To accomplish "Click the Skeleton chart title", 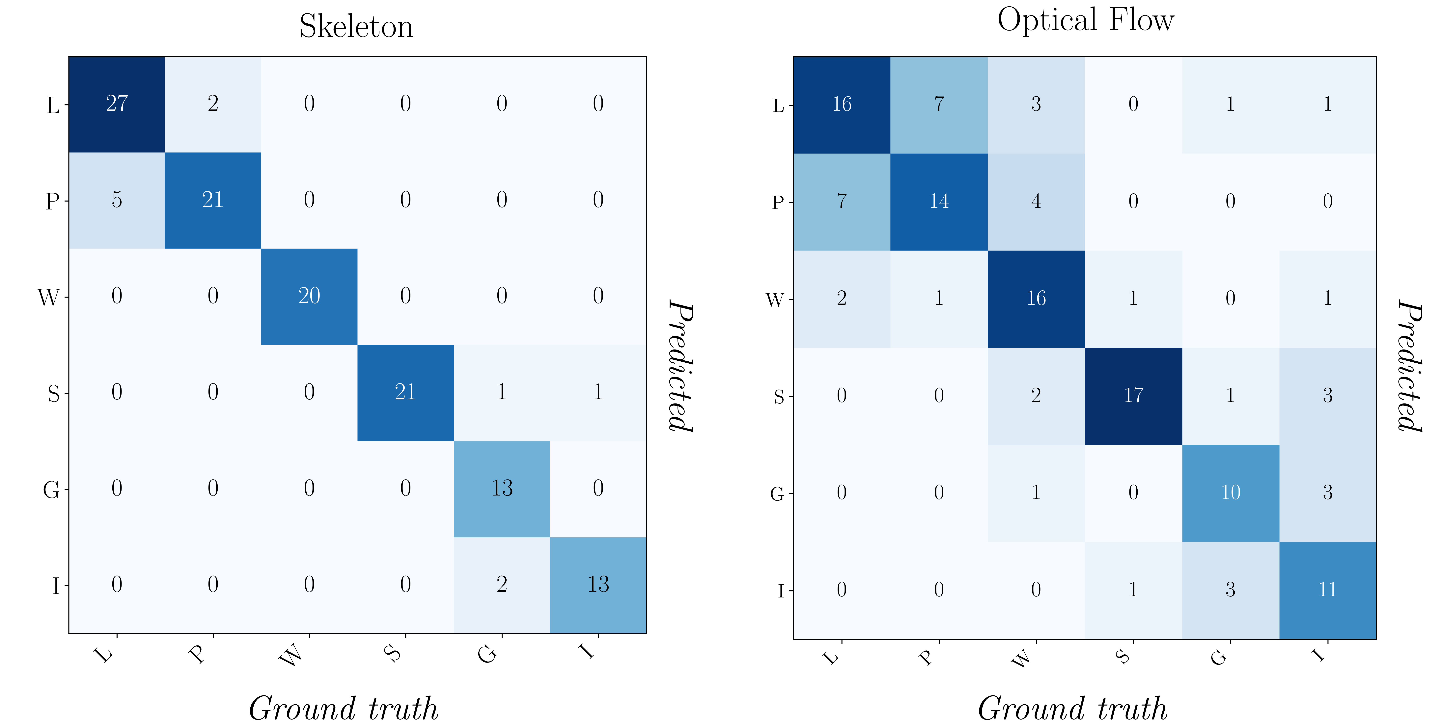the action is tap(356, 26).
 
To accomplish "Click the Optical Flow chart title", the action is tap(1086, 20).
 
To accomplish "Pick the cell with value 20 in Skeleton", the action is tap(309, 297).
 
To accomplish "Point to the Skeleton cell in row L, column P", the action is tap(213, 104).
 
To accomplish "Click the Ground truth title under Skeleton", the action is tap(344, 709).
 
